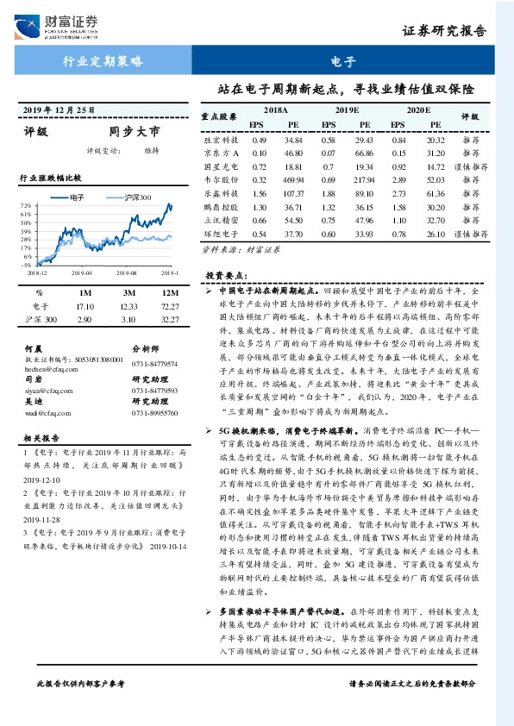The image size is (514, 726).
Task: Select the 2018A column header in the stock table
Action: [x=275, y=111]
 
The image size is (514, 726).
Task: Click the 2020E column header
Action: [x=417, y=111]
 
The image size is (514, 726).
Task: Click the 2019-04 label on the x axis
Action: [x=81, y=272]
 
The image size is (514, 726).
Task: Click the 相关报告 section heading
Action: [x=37, y=437]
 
